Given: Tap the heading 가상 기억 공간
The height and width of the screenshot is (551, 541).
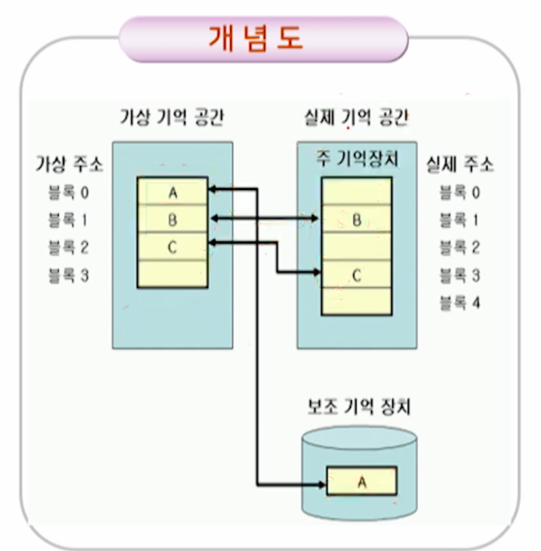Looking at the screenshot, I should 172,118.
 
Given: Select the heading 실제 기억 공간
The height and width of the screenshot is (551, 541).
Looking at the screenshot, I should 357,118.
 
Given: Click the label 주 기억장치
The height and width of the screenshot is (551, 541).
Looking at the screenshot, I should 357,159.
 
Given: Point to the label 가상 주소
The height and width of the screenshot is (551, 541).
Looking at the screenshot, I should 69,165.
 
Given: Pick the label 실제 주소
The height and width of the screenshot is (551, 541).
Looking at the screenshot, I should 459,165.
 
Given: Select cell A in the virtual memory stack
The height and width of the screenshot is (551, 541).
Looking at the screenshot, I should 172,192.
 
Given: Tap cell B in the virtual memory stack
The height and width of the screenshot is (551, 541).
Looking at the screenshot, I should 172,220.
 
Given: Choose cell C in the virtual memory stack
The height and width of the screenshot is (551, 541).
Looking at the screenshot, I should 172,247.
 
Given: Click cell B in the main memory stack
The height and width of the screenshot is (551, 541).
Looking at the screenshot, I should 357,220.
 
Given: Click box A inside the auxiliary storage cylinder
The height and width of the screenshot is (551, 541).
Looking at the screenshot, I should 362,481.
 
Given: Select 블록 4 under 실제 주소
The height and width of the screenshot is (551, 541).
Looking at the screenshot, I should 459,304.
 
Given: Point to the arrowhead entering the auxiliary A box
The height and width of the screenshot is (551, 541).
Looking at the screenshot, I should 322,484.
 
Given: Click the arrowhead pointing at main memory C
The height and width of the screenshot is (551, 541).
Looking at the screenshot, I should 317,272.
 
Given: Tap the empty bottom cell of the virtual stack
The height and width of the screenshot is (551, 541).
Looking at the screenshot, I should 172,274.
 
